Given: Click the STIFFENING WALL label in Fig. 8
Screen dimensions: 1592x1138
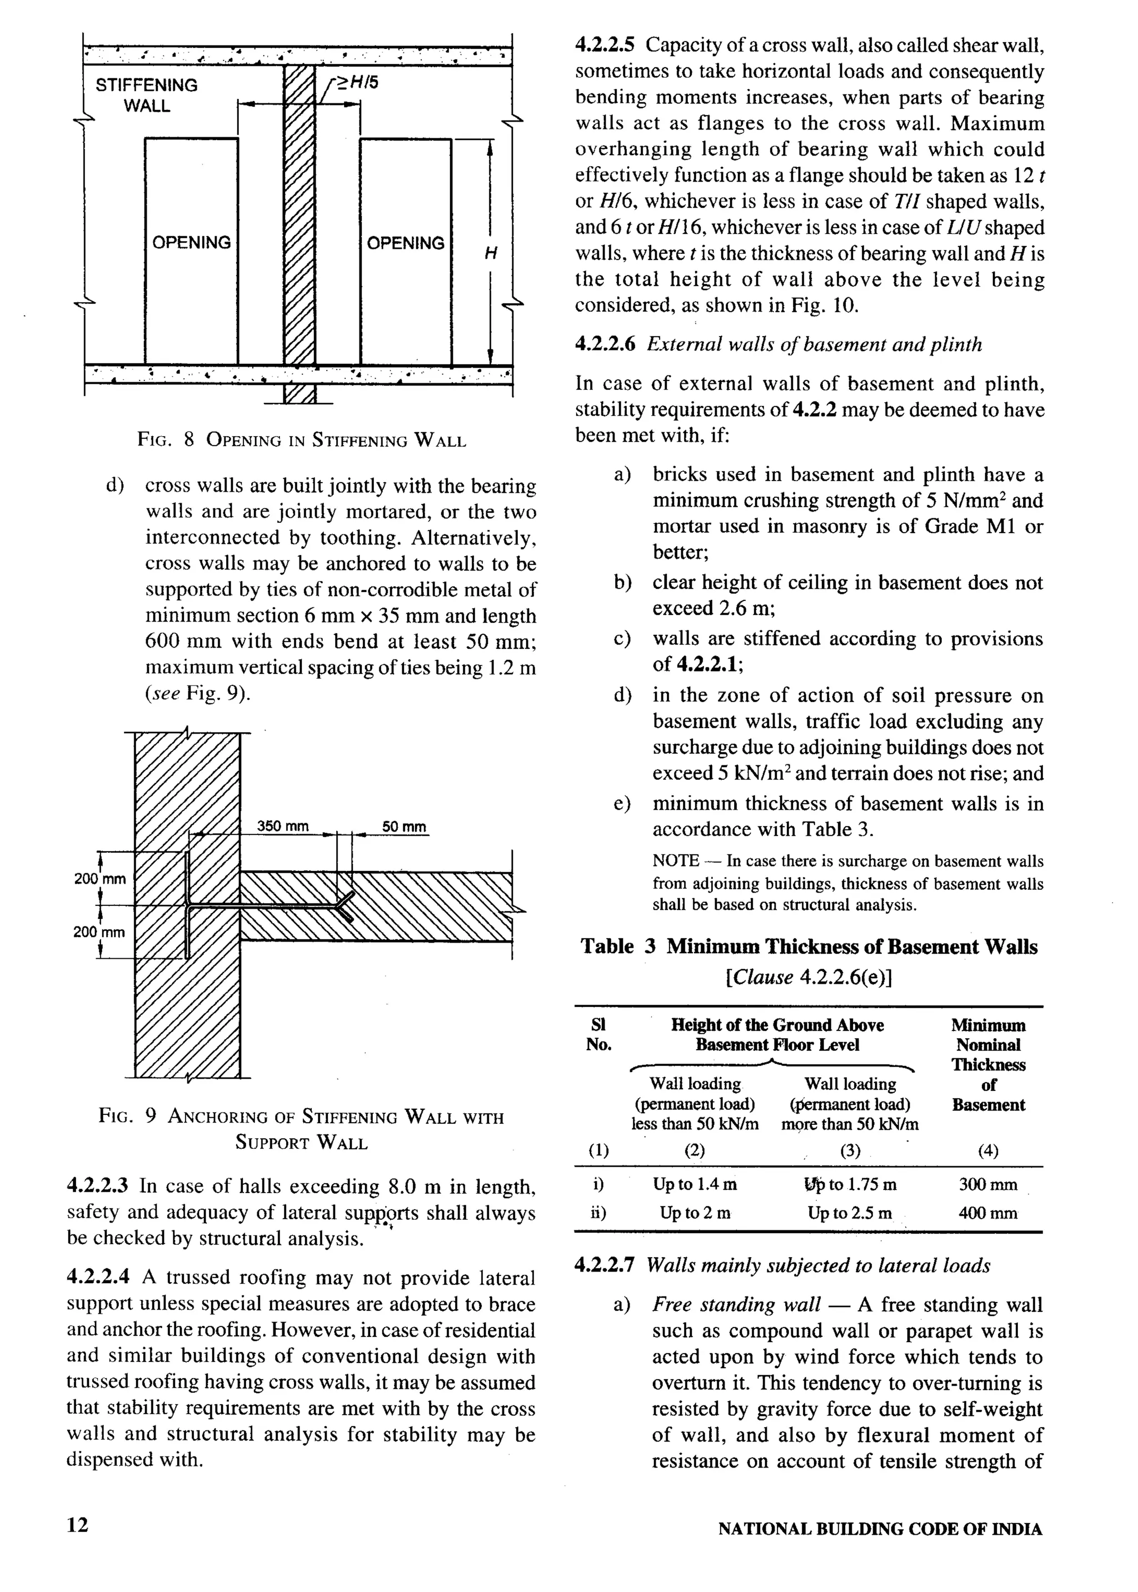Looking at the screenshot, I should (147, 95).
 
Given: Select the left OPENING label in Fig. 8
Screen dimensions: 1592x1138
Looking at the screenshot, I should (191, 243).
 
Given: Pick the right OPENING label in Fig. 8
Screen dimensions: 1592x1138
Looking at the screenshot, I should (406, 244).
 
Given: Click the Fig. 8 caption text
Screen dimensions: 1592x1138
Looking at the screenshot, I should (301, 440).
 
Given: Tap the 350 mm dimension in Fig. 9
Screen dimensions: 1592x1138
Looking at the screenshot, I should (282, 826).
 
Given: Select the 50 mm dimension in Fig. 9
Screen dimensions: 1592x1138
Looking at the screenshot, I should (403, 827).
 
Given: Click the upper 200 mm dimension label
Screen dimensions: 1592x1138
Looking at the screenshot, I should (99, 878).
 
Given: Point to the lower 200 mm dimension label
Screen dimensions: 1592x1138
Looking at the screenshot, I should (99, 932).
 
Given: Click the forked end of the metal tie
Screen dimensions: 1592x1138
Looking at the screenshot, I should (344, 905).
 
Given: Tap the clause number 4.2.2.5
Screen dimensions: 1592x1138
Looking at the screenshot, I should (605, 46).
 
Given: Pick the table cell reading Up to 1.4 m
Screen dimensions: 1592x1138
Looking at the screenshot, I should (695, 1184).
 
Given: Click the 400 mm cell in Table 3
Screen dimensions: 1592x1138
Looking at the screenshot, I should (987, 1213).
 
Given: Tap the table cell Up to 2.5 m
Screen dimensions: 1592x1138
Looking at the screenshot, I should (849, 1213).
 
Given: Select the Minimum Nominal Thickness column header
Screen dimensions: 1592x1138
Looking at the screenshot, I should (987, 1065).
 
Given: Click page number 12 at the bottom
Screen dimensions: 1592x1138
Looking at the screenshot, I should (78, 1525).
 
